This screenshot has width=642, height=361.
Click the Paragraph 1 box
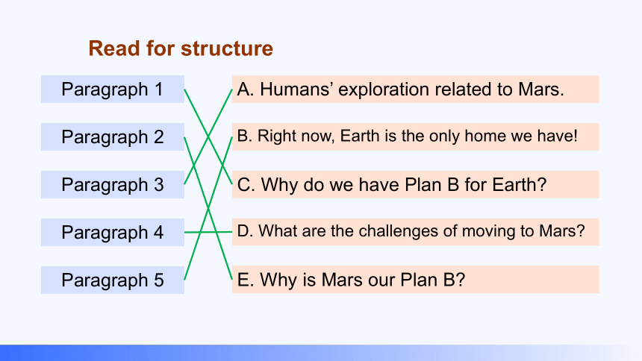[x=113, y=90]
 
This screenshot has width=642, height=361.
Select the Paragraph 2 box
[x=113, y=136]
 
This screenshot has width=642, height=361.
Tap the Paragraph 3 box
[x=113, y=184]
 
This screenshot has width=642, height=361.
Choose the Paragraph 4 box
[x=113, y=232]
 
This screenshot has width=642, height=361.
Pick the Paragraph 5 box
[x=113, y=280]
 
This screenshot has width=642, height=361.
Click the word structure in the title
[x=227, y=48]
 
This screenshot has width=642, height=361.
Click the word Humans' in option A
[x=296, y=90]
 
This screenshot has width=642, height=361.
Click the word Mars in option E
[x=338, y=280]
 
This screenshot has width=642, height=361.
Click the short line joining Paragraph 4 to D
[x=208, y=232]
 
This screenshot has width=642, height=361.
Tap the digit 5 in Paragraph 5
[x=159, y=280]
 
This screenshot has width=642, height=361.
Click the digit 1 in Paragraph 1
[x=158, y=90]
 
